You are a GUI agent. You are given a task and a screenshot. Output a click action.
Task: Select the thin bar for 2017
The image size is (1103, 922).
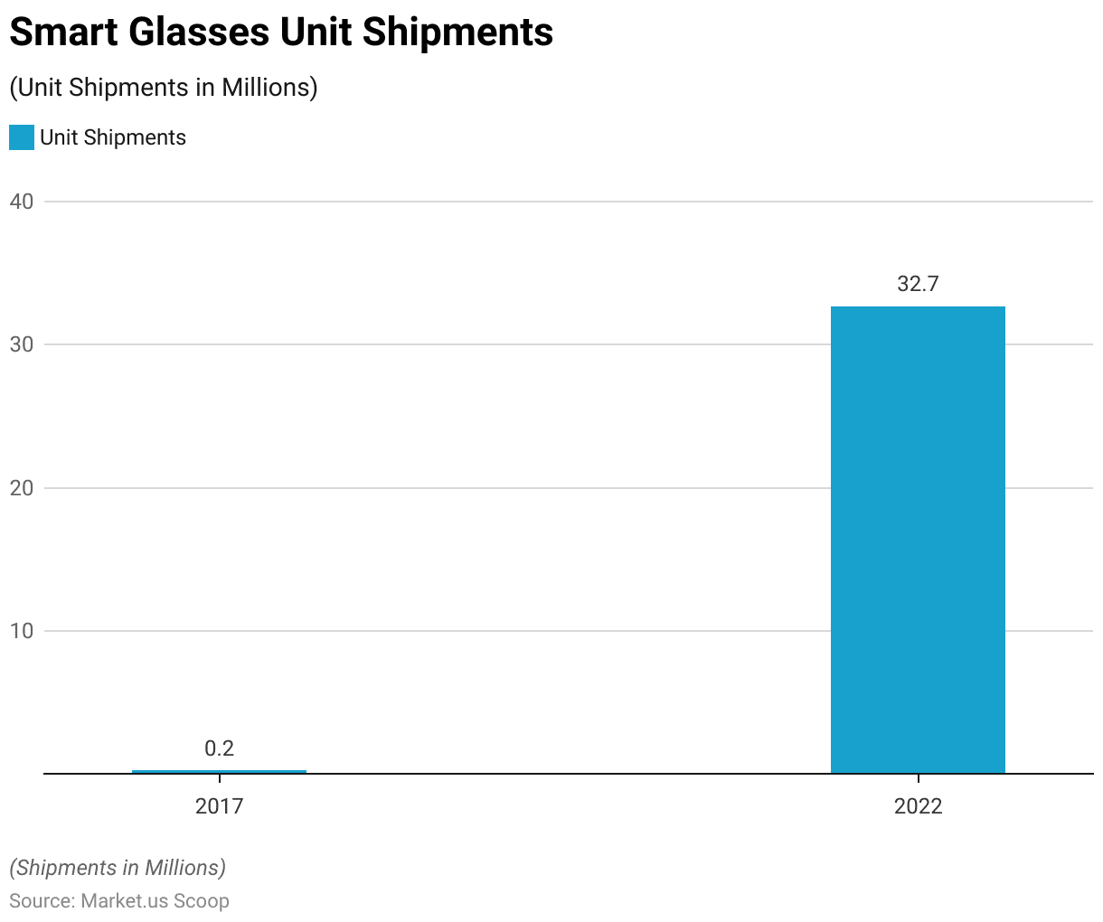[x=219, y=771]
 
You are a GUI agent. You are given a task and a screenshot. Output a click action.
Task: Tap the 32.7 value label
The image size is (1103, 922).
[x=918, y=284]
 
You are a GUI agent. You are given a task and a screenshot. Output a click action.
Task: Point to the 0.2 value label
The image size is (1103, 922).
[x=219, y=748]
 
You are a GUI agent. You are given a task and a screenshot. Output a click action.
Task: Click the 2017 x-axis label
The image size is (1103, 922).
[x=219, y=805]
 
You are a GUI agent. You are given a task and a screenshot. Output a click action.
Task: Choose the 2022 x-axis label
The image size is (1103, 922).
[x=918, y=805]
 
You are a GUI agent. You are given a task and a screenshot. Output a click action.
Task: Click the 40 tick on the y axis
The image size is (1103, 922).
[x=22, y=202]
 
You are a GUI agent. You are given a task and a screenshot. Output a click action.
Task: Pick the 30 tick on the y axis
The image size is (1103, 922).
[x=22, y=344]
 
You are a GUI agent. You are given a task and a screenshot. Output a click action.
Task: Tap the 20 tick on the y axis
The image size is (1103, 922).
[x=22, y=488]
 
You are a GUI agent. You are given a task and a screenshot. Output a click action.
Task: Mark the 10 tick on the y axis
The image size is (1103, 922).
[x=22, y=631]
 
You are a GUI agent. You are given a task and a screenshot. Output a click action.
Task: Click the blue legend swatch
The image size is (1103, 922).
[x=22, y=137]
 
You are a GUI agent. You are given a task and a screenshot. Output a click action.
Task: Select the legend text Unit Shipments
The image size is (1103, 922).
[x=113, y=137]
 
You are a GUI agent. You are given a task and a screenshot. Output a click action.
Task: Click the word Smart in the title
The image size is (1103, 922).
[x=62, y=33]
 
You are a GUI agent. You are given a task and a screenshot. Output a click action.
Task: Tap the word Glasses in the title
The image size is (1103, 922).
[x=198, y=33]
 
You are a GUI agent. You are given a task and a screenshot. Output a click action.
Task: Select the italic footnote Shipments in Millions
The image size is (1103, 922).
[x=118, y=868]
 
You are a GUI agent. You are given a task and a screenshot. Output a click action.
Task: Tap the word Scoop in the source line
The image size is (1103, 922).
[x=202, y=901]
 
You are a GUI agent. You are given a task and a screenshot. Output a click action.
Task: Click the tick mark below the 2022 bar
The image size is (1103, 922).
[x=918, y=779]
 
